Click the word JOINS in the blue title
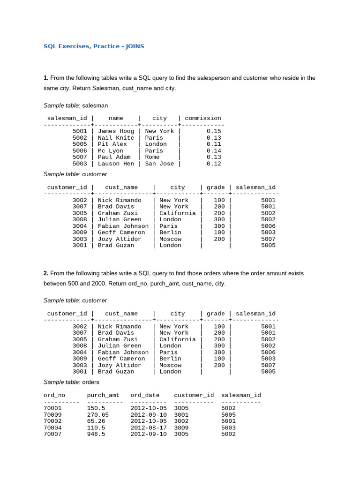(134, 46)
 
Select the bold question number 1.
(46, 78)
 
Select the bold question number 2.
(46, 273)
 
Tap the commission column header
(203, 118)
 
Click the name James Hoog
(116, 131)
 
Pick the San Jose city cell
(159, 164)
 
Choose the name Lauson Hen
(116, 164)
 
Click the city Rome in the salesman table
(152, 157)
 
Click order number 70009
(52, 415)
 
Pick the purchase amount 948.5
(96, 434)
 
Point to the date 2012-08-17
(149, 427)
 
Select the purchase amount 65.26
(96, 421)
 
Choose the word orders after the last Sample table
(90, 382)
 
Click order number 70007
(52, 434)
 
